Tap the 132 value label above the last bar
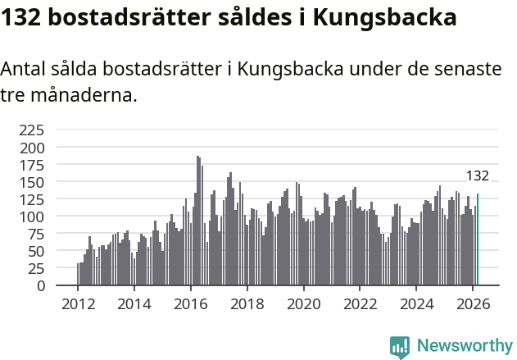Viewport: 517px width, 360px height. coord(477,176)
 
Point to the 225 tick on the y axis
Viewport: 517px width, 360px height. coord(32,130)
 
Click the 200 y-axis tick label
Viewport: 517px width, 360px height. coord(32,148)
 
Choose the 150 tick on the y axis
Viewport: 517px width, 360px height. coord(32,182)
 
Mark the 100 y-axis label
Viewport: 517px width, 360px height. coord(32,216)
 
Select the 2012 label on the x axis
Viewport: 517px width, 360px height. coord(78,303)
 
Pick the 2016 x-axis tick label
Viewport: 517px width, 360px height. coord(191,303)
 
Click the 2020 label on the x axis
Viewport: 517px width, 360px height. coord(304,303)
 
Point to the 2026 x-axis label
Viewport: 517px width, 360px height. coord(474,303)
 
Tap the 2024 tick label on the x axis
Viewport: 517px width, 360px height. coord(417,303)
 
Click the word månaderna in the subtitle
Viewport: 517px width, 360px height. coord(83,95)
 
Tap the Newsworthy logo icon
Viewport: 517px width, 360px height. coord(400,347)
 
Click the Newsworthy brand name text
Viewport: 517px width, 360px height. coord(464,346)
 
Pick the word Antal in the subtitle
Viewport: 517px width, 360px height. coord(25,70)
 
